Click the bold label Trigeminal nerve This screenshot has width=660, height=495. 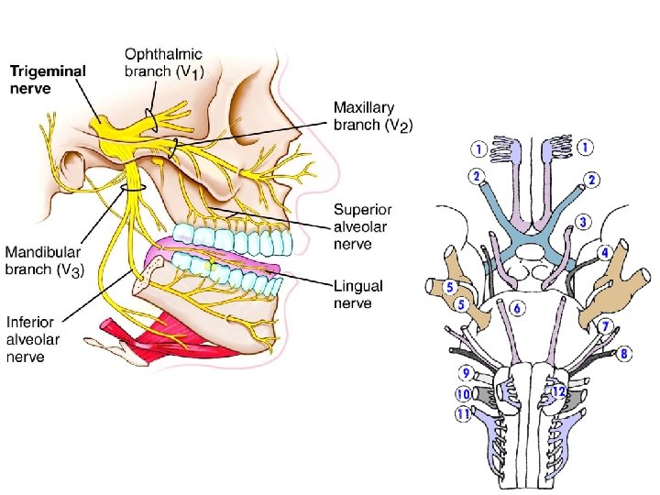[x=49, y=78]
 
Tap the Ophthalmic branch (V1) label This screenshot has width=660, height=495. [x=164, y=63]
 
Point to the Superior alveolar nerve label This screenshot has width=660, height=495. [x=362, y=225]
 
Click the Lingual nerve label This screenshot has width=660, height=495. [x=358, y=294]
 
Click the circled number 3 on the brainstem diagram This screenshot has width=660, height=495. [x=583, y=223]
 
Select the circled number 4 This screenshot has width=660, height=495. [x=605, y=251]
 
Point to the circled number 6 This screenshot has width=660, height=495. [x=518, y=309]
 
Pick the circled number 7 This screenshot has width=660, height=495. [x=606, y=325]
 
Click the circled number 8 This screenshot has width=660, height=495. [x=624, y=352]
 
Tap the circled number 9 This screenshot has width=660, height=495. [x=467, y=372]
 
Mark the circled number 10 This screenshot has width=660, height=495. [x=464, y=394]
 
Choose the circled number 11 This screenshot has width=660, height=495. [x=464, y=414]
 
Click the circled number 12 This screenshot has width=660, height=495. [x=557, y=392]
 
